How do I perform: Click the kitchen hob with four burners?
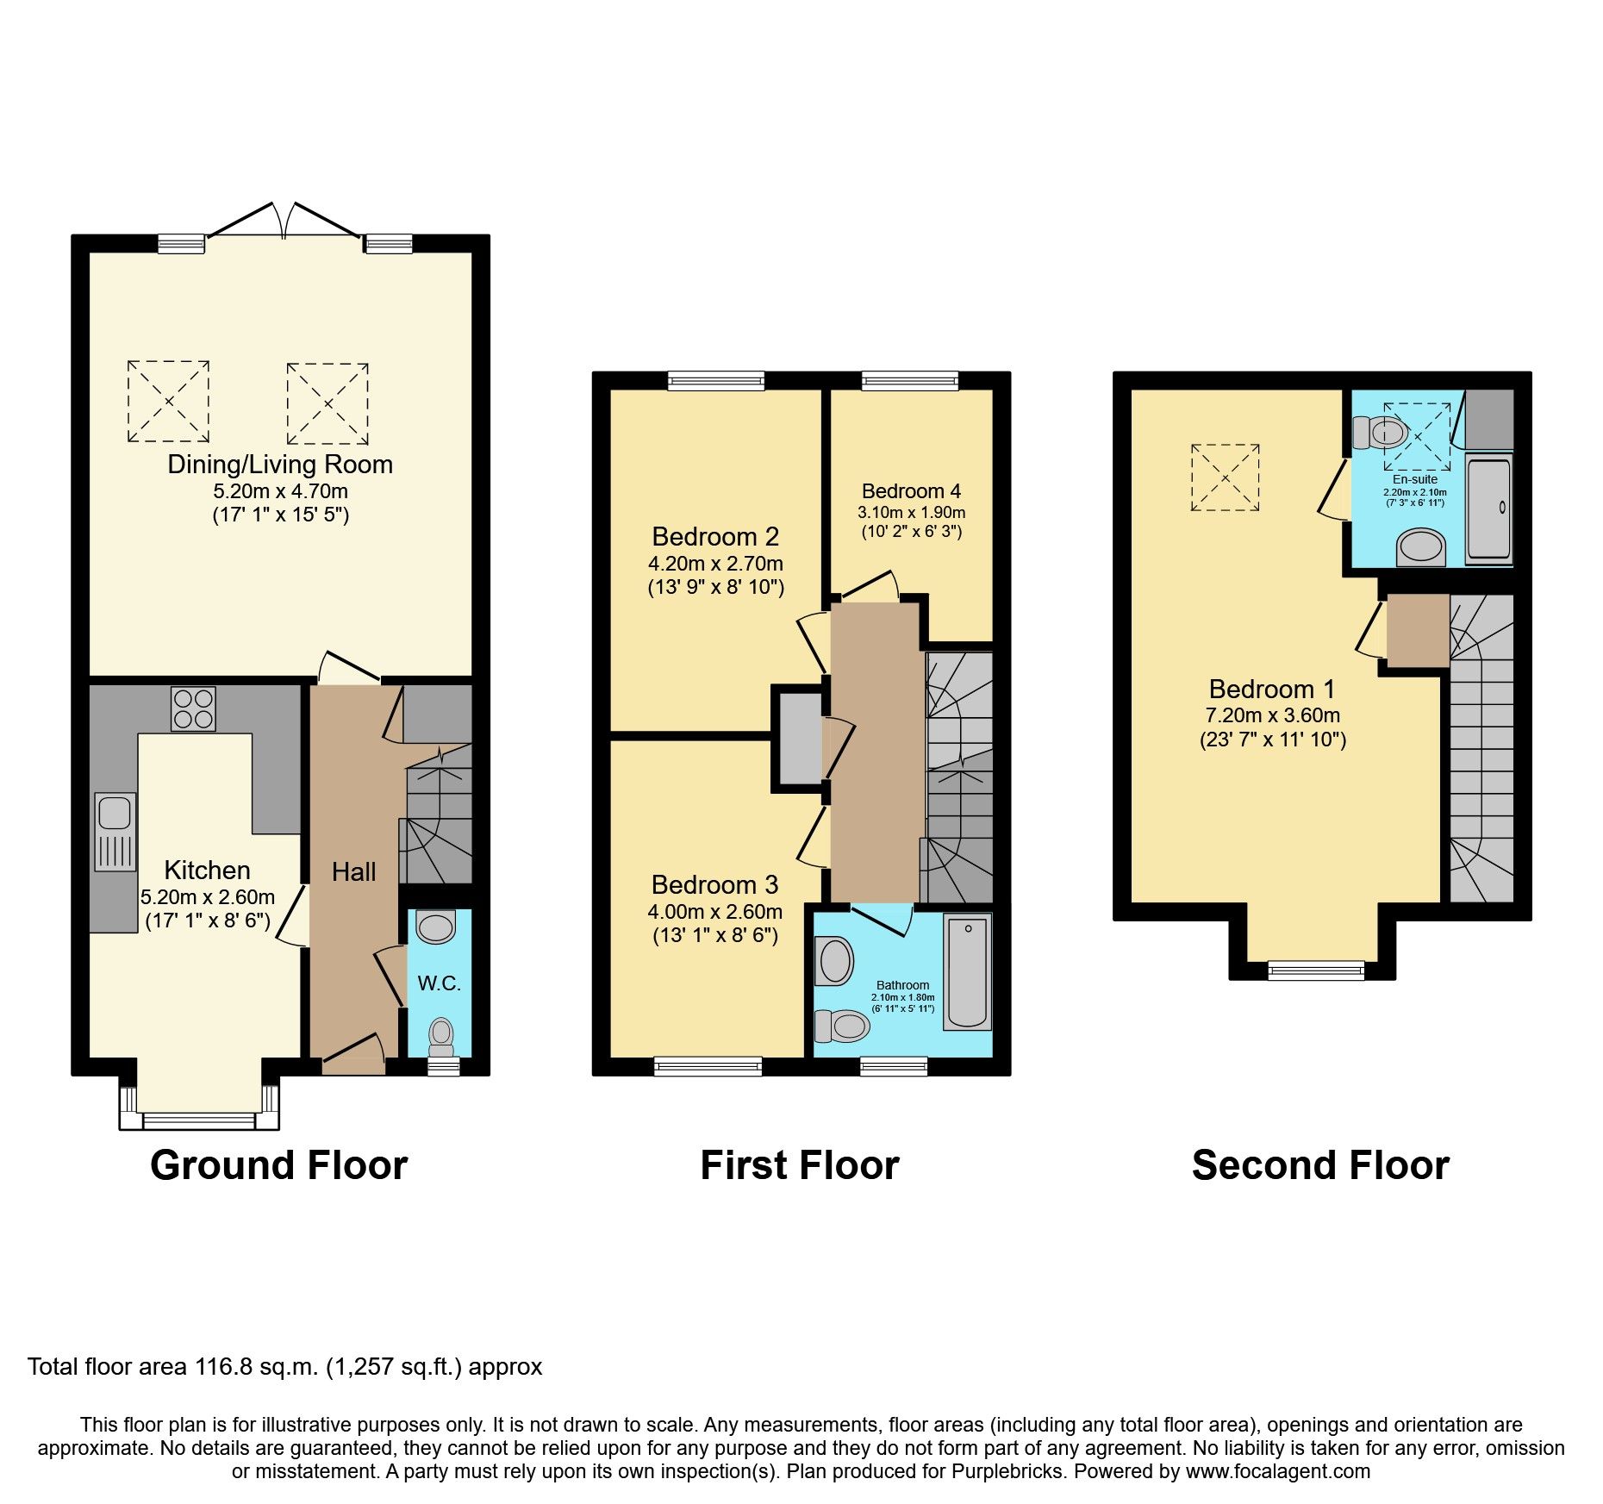coord(193,708)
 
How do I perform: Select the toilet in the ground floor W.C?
coord(441,1034)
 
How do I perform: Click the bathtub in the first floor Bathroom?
coord(968,971)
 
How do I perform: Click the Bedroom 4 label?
coord(911,491)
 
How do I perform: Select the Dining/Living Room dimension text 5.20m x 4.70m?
coord(280,491)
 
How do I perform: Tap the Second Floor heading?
coord(1320,1165)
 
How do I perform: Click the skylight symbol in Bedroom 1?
coord(1225,477)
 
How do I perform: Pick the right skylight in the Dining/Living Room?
coord(327,403)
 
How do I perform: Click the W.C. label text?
coord(439,983)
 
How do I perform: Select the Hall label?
coord(353,872)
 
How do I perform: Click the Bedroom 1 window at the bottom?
coord(1316,971)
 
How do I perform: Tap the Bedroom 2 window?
coord(715,380)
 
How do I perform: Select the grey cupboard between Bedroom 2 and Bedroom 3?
coord(801,737)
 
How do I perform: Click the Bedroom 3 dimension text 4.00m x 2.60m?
coord(714,912)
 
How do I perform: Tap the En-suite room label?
coord(1414,479)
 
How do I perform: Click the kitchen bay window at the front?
coord(199,1120)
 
